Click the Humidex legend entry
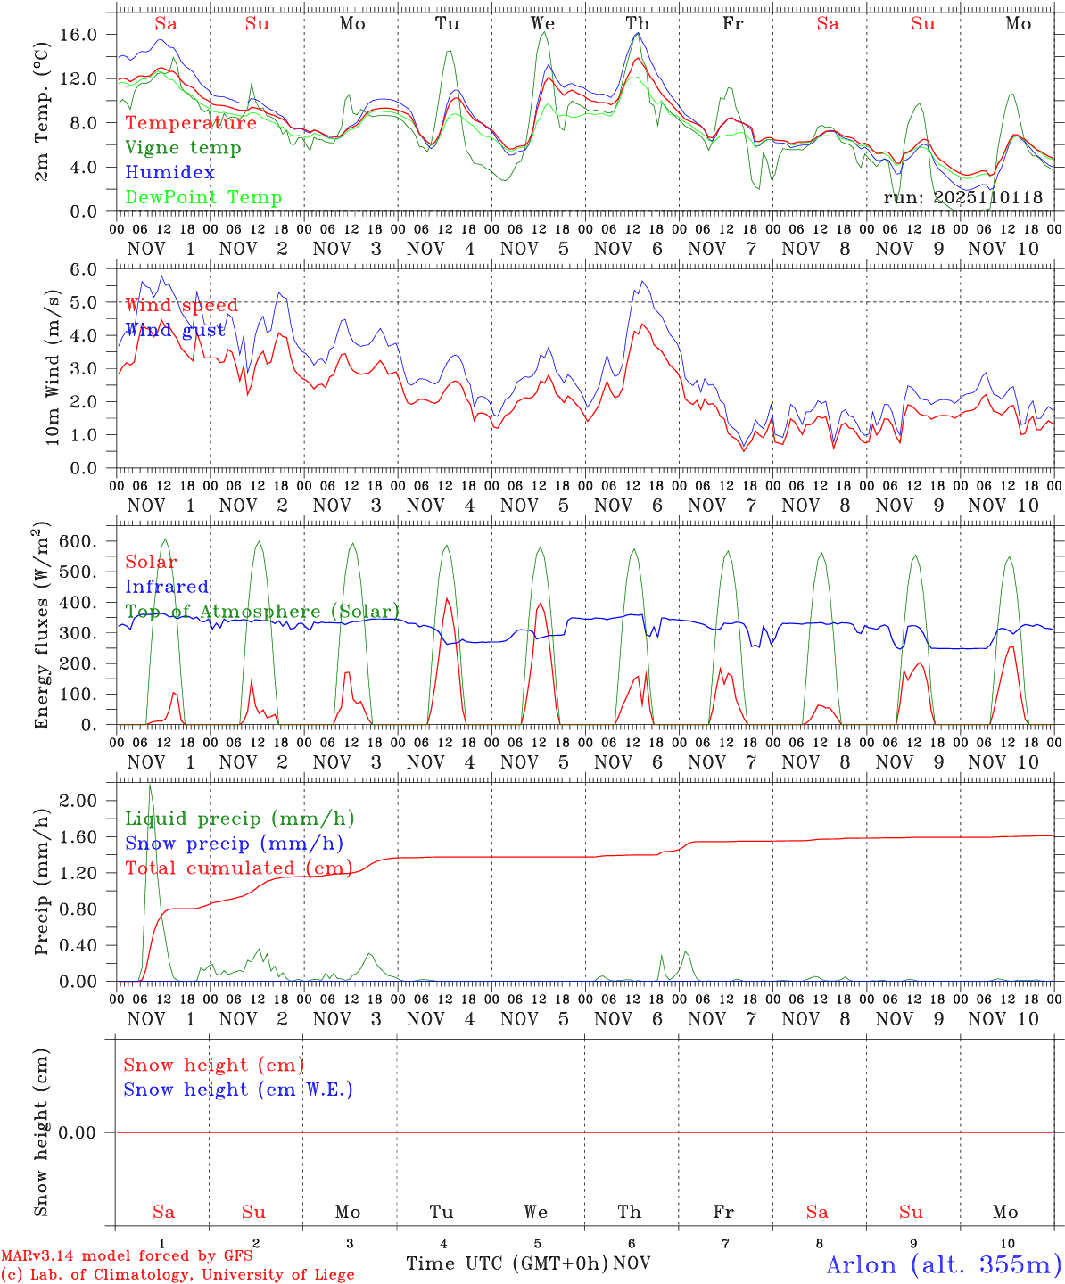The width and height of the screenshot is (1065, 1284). click(169, 172)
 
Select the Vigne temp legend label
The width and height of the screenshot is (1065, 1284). click(183, 148)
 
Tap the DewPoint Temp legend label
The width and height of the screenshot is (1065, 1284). click(203, 197)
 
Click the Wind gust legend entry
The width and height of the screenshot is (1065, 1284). click(175, 330)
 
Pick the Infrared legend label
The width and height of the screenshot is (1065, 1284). click(167, 587)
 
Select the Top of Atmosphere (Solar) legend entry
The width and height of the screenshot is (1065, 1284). click(262, 612)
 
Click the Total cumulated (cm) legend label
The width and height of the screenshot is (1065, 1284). click(238, 868)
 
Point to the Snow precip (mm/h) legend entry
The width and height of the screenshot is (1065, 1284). click(234, 844)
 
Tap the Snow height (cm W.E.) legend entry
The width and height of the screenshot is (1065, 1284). click(238, 1090)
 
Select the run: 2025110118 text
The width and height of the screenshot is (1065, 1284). click(962, 197)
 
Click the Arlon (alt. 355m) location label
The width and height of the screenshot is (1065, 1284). click(944, 1264)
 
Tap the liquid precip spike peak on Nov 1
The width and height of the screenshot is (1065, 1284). click(150, 785)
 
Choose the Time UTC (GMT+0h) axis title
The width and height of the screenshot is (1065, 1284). click(508, 1263)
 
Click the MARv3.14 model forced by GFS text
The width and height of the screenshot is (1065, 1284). click(127, 1256)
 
